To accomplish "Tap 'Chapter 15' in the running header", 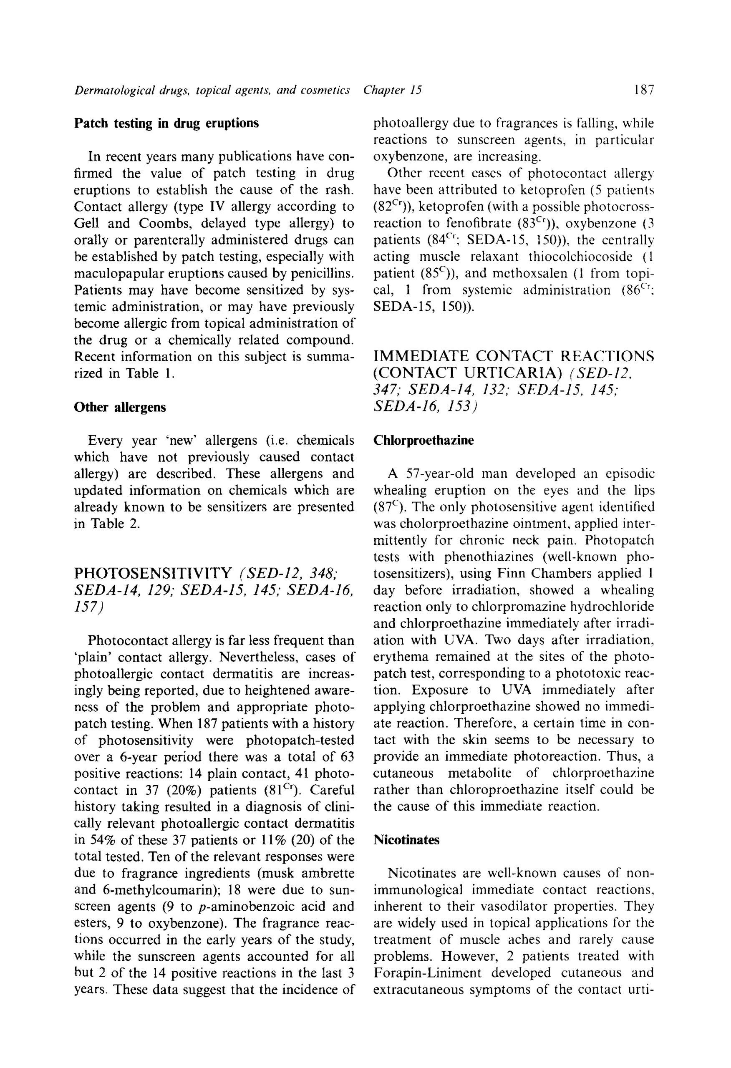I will (x=392, y=90).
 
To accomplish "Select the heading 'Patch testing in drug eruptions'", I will (x=166, y=123).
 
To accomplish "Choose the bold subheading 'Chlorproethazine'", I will (x=423, y=440).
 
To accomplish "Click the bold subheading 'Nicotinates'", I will (x=406, y=840).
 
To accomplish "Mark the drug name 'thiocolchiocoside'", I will (x=581, y=257).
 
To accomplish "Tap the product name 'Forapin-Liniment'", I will (x=427, y=973).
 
